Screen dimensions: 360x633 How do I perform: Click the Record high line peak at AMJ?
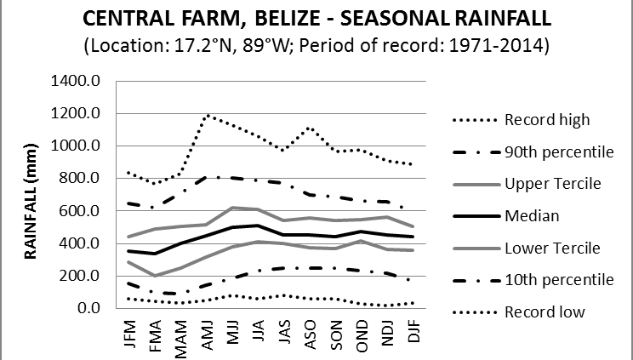(208, 115)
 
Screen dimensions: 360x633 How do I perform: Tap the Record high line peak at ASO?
(310, 128)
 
